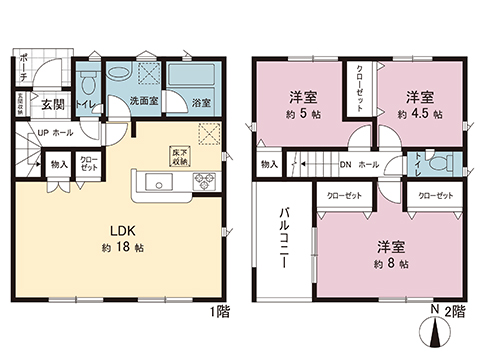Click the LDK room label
[123, 226]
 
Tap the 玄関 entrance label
[53, 102]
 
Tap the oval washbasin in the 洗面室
[119, 73]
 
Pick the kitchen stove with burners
[204, 182]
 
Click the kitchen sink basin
[160, 182]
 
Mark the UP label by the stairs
[44, 131]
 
